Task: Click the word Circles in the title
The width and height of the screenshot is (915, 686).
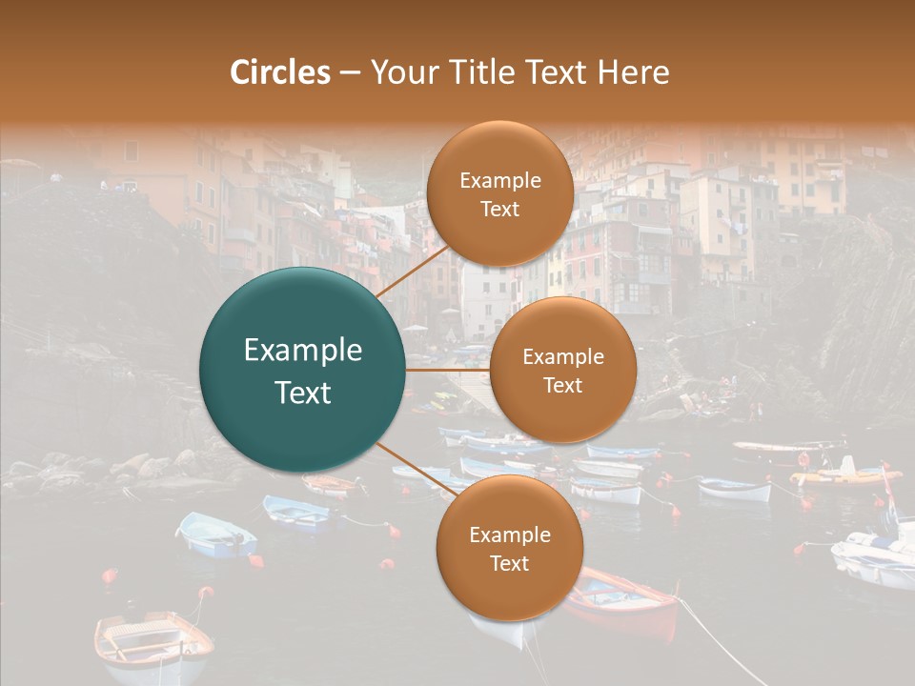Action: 279,72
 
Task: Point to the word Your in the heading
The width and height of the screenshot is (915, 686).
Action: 399,73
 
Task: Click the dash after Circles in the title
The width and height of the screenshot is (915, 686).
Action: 349,73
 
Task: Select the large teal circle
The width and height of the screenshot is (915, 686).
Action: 302,370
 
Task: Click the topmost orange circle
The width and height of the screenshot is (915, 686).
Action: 499,194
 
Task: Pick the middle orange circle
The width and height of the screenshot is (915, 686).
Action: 562,370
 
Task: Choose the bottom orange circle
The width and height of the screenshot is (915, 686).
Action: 509,548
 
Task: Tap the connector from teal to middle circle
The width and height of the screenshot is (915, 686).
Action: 448,370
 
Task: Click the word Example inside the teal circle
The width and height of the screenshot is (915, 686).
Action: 302,351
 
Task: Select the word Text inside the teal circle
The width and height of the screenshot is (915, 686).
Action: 302,393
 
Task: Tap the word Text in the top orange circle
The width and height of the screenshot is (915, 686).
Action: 499,209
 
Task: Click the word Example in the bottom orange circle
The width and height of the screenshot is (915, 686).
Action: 509,535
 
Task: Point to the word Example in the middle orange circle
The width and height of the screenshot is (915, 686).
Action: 562,356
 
